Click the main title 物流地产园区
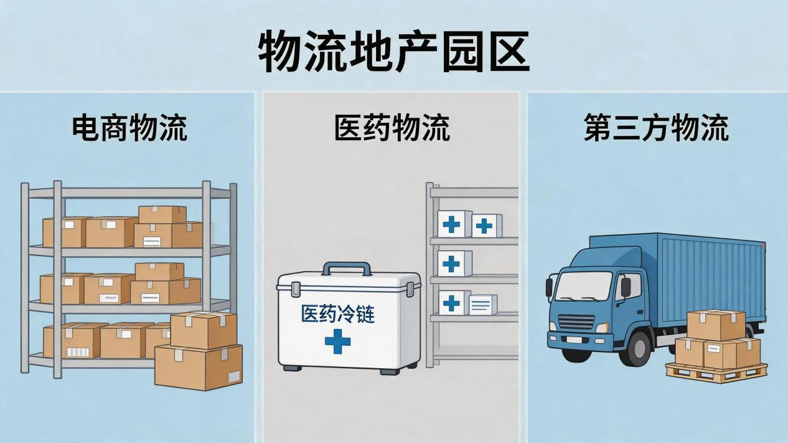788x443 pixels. click(393, 52)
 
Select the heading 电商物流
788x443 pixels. click(130, 128)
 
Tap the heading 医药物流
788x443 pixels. click(392, 128)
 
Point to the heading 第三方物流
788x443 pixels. click(656, 128)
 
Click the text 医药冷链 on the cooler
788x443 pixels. click(338, 314)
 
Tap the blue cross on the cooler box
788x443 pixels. click(338, 341)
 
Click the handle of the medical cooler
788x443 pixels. click(347, 269)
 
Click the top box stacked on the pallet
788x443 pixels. click(716, 325)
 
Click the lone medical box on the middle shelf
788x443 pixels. click(454, 264)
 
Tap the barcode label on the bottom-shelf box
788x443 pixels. click(79, 352)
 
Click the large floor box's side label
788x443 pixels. click(234, 378)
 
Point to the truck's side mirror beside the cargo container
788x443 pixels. click(626, 287)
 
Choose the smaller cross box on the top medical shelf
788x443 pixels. click(487, 226)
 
